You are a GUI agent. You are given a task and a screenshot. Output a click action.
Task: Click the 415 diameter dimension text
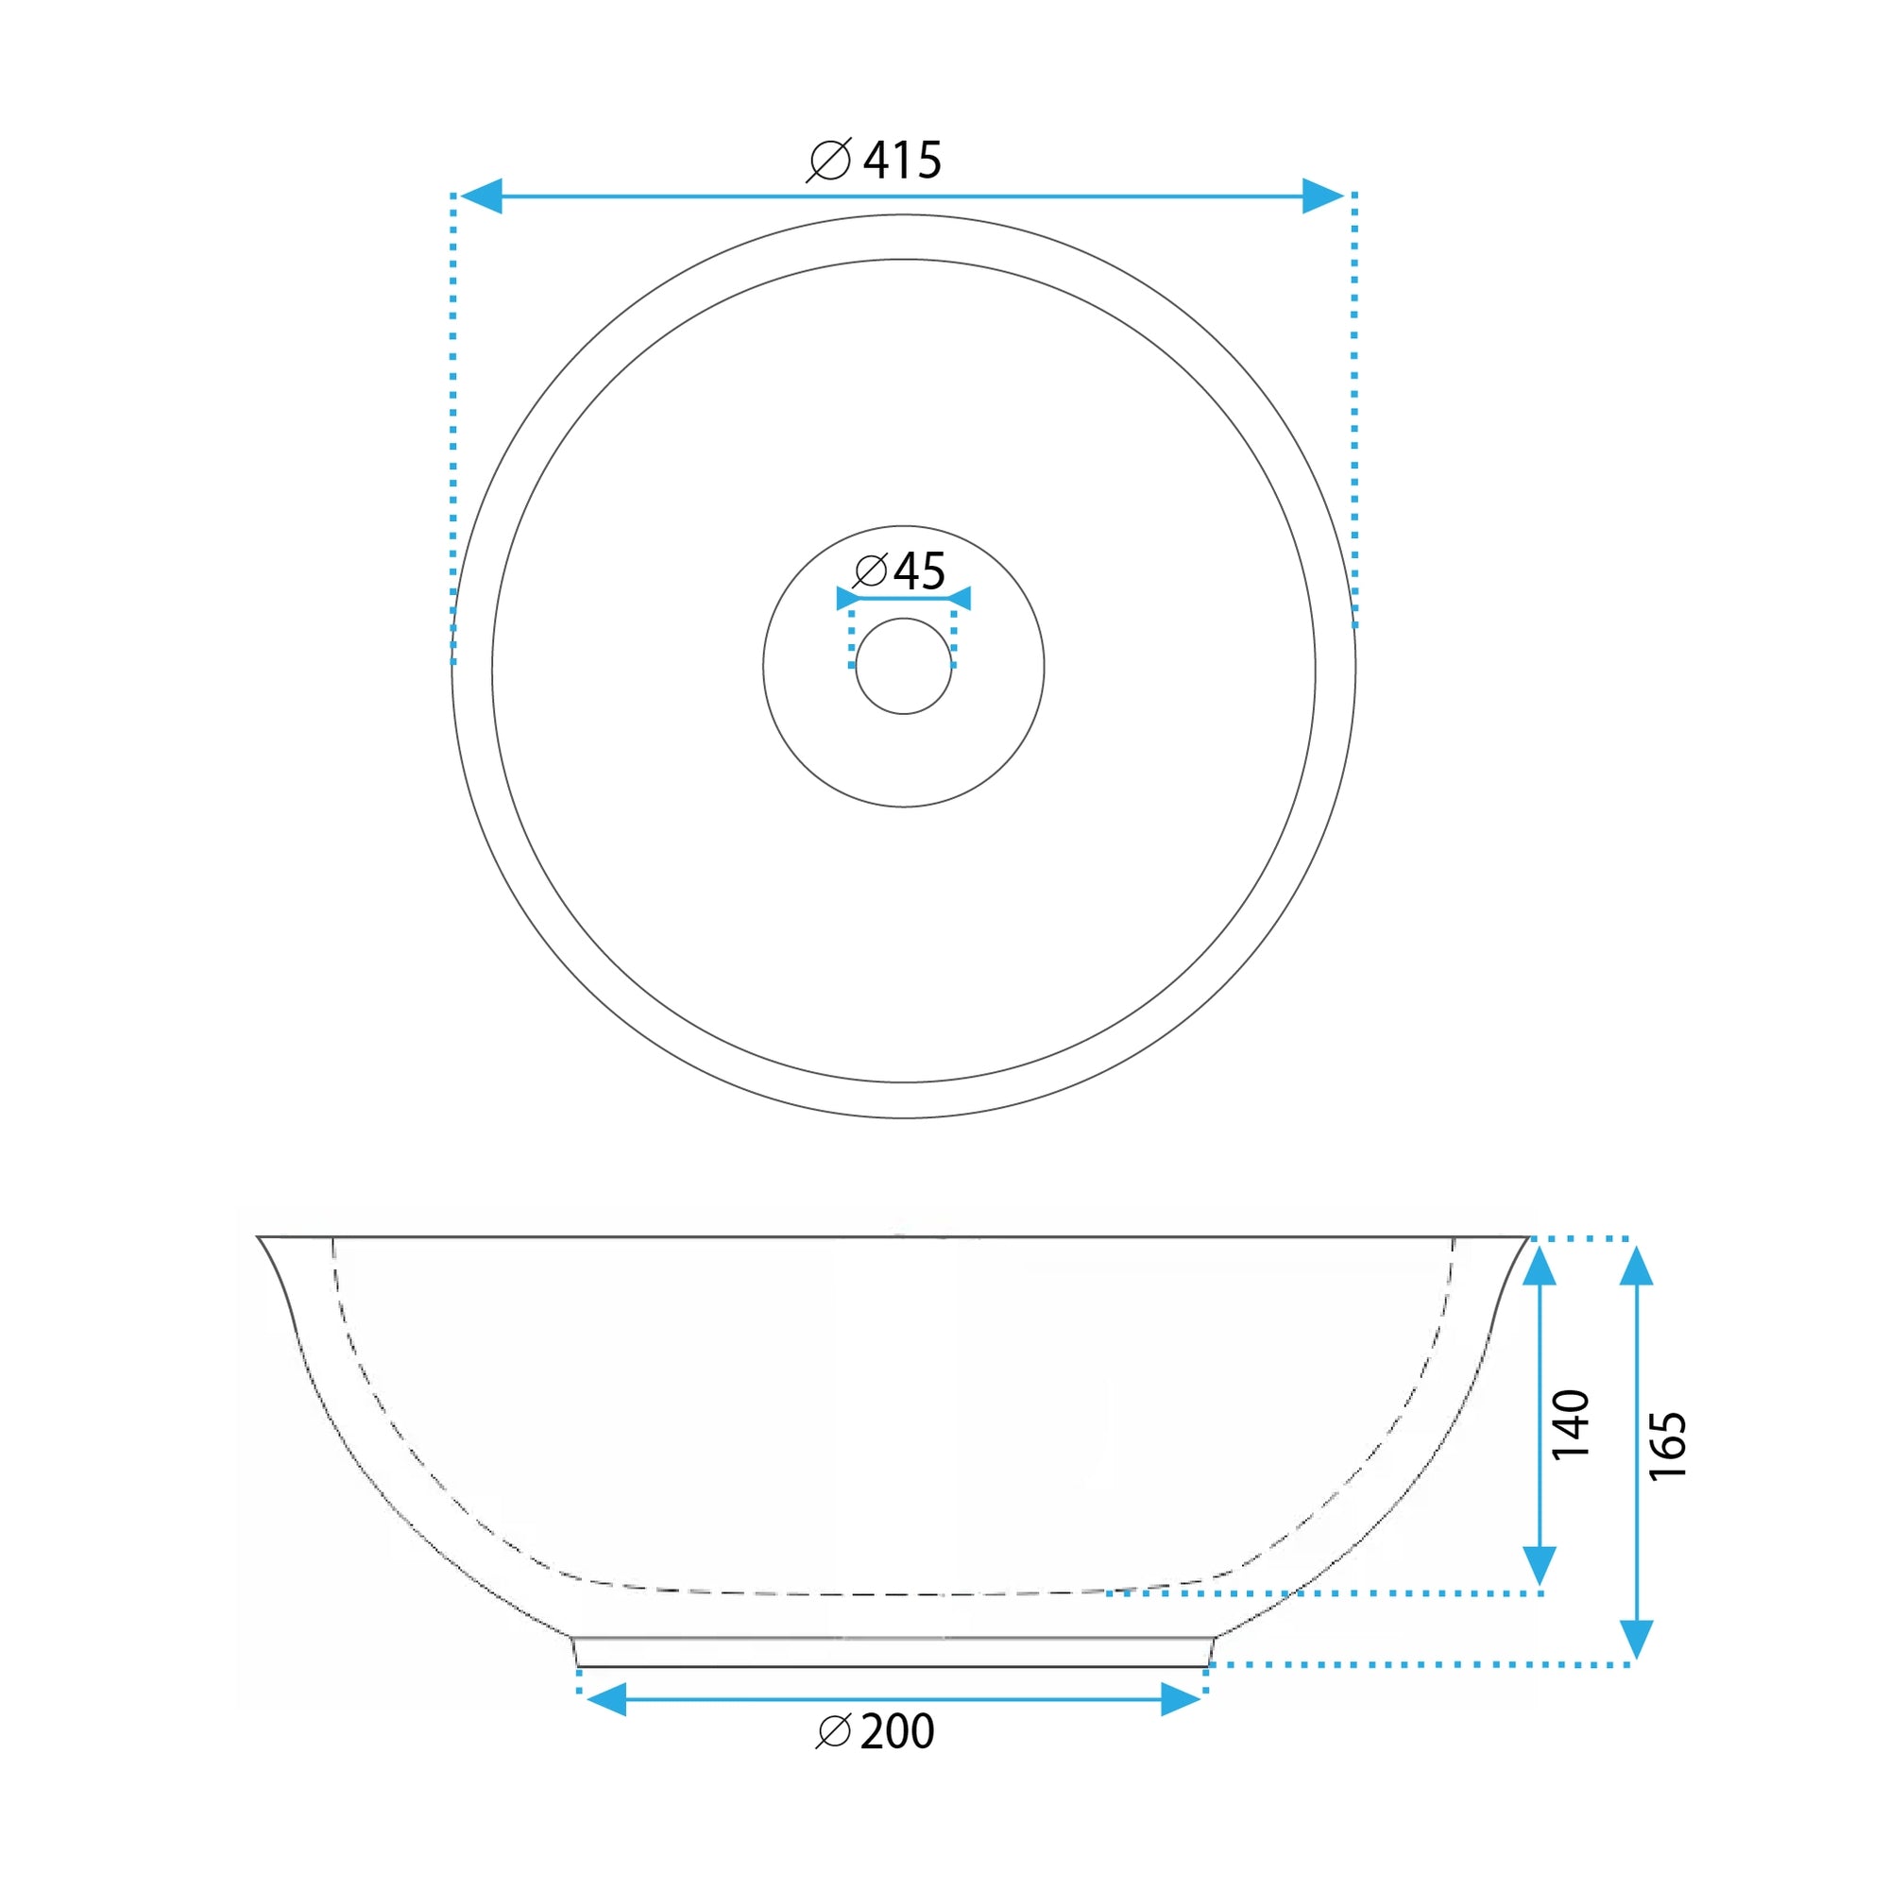[x=902, y=161]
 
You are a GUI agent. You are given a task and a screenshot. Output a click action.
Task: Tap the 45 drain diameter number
[x=920, y=571]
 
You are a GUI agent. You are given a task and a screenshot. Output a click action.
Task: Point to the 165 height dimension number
[x=1668, y=1446]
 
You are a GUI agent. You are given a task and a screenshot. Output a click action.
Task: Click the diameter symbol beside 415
[x=829, y=161]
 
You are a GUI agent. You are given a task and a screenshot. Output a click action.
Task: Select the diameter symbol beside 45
[x=870, y=571]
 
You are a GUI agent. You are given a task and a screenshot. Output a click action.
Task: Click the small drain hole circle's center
[x=904, y=666]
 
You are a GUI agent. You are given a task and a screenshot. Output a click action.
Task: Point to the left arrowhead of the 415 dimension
[x=480, y=196]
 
